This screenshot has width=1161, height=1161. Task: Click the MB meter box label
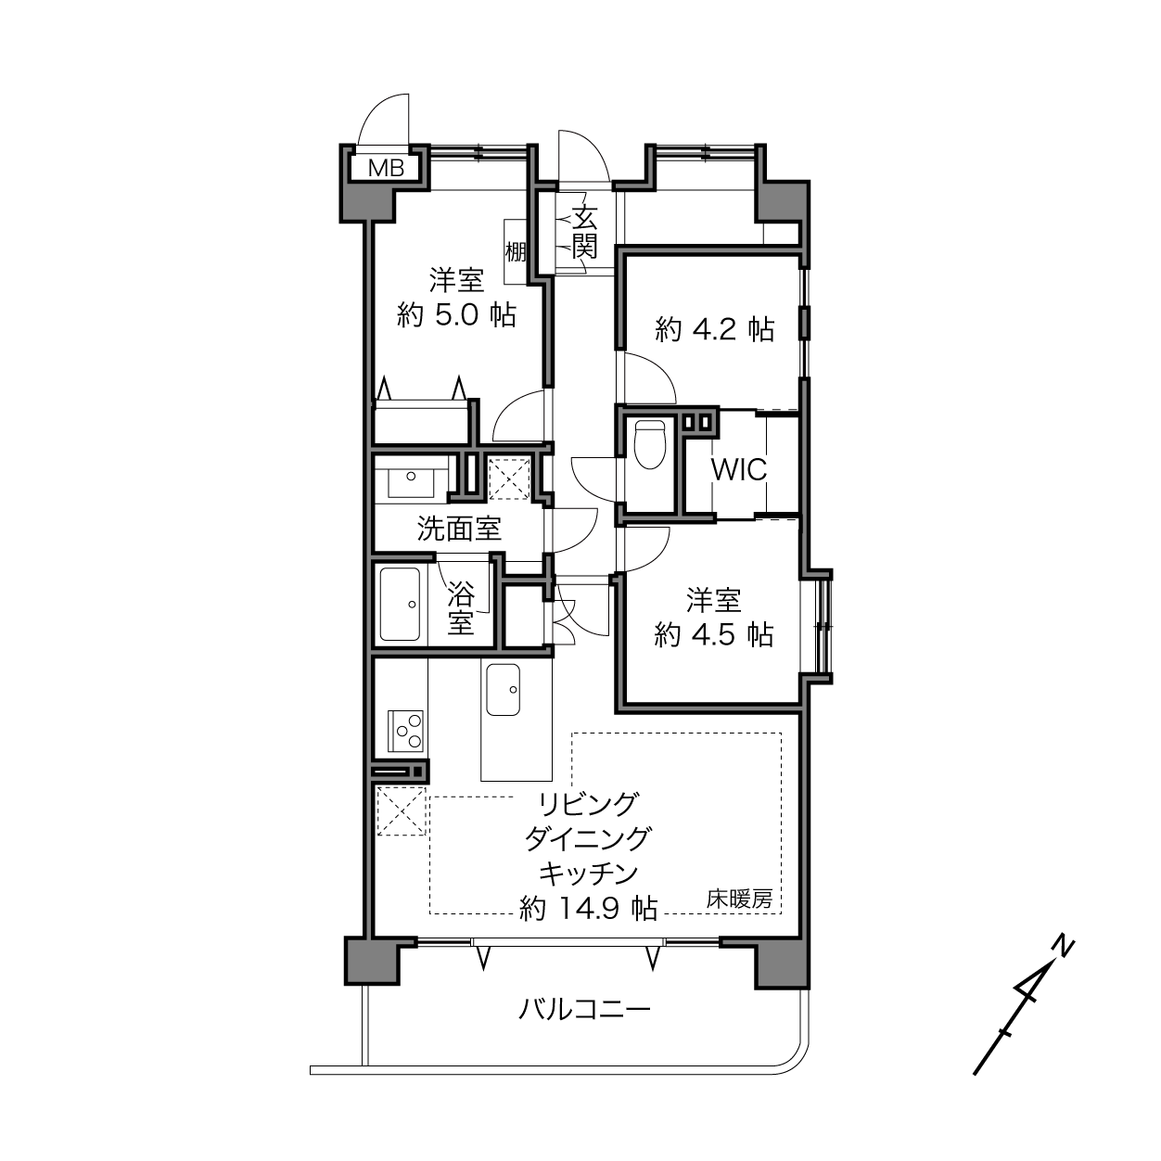[x=386, y=168]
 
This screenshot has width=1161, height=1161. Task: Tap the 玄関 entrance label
[x=584, y=232]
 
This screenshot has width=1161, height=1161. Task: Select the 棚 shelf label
[x=516, y=251]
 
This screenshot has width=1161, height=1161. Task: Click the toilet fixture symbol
[x=649, y=444]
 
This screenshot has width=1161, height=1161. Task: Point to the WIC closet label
[x=739, y=470]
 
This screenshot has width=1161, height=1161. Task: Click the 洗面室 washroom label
[x=459, y=529]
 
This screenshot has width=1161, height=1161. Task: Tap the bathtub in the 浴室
[x=400, y=605]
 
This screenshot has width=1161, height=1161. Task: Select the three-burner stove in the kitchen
[x=405, y=731]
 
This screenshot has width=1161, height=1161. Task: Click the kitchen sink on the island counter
[x=504, y=690]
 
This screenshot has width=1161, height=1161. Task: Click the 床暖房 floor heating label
[x=739, y=899]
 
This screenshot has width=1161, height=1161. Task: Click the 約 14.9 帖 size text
[x=588, y=908]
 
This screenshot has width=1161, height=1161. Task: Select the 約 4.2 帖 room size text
[x=715, y=329]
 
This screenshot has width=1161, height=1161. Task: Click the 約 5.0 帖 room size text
[x=456, y=314]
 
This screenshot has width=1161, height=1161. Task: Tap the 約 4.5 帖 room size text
[x=714, y=634]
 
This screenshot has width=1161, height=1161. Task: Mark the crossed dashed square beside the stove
[x=402, y=811]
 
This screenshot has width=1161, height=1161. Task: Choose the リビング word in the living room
[x=588, y=804]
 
